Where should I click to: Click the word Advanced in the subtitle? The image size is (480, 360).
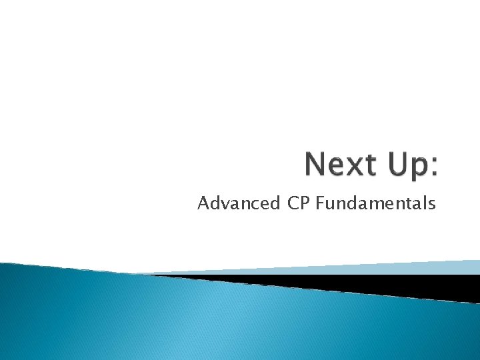click(x=239, y=203)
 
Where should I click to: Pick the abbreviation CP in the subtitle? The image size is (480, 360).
click(x=299, y=203)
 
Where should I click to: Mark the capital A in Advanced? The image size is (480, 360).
click(x=203, y=203)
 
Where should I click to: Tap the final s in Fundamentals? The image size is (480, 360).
click(x=431, y=205)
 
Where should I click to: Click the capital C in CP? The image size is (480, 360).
click(x=293, y=203)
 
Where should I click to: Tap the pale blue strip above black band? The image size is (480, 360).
click(x=400, y=267)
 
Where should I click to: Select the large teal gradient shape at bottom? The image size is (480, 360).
click(x=200, y=320)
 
